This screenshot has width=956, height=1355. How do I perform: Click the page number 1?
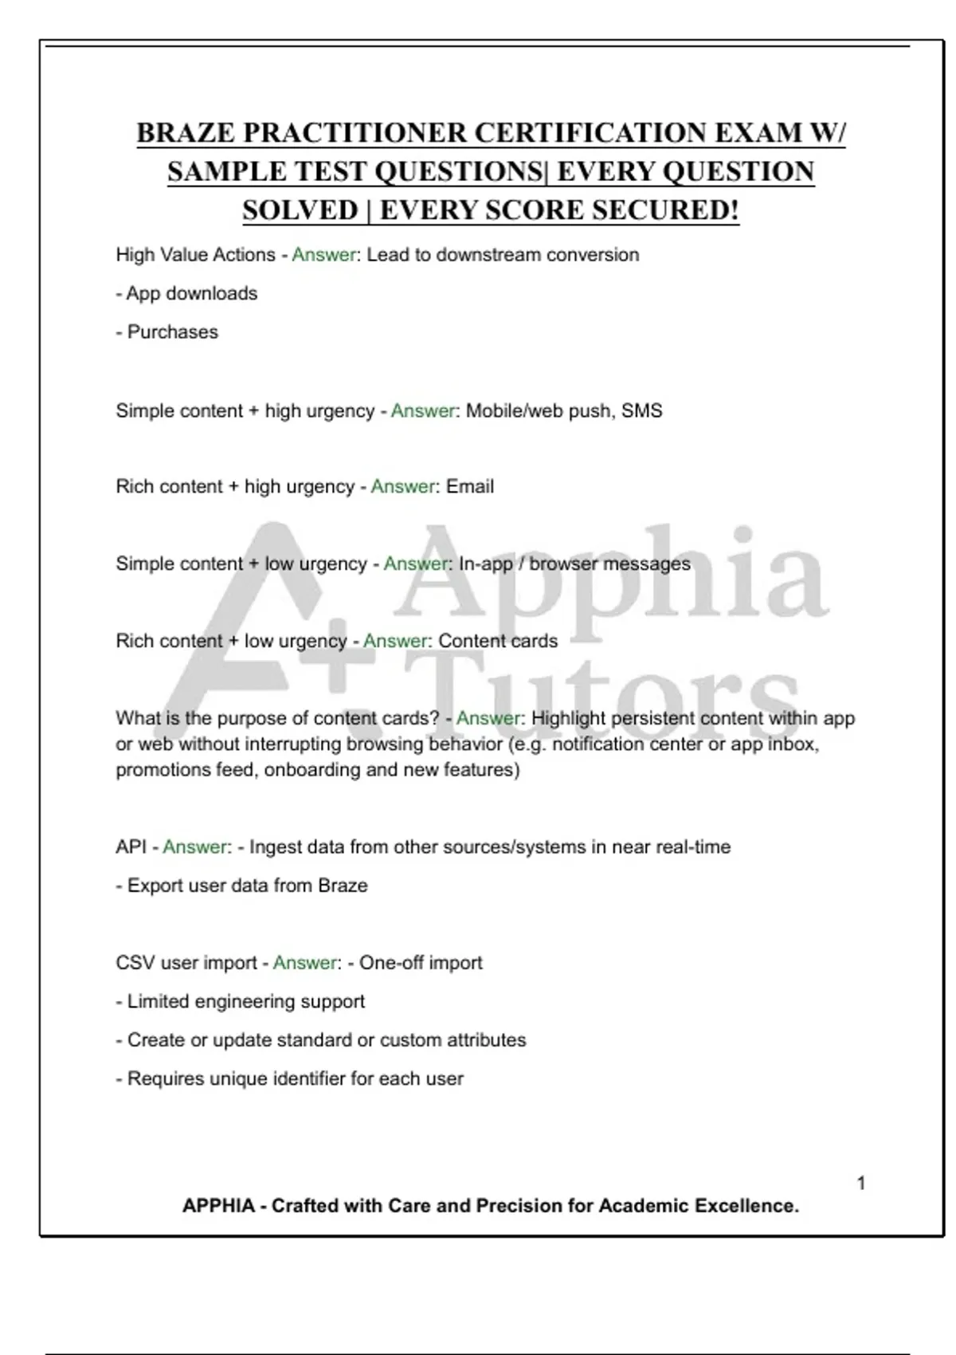coord(861,1183)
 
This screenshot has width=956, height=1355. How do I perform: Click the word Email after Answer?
coord(470,487)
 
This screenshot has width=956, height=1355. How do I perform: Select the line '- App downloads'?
coord(186,293)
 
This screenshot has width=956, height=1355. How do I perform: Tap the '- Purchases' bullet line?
coord(167,332)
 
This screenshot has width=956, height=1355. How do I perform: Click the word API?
coord(131,847)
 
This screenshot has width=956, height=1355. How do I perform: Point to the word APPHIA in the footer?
coord(218,1206)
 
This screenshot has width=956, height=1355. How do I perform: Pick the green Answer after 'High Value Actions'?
coord(323,255)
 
